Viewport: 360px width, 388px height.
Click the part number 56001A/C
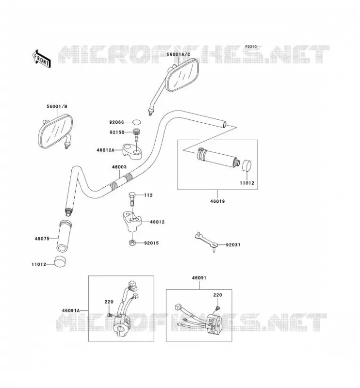[178, 54]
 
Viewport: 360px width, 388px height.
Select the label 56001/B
[57, 106]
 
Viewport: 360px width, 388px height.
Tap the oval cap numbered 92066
[136, 122]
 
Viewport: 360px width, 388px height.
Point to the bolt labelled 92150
[136, 134]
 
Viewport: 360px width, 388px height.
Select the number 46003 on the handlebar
[119, 167]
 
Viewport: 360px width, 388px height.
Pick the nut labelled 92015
[132, 243]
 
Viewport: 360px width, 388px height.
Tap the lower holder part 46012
[132, 221]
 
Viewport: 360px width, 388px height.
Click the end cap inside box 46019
[246, 165]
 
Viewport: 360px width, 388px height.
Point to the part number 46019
[218, 201]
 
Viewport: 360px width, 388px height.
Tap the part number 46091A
[71, 310]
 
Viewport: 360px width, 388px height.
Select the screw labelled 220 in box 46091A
[110, 315]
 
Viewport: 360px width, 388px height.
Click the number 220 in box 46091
[218, 295]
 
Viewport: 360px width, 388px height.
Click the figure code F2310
[251, 47]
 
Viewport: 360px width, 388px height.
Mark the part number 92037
[233, 245]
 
